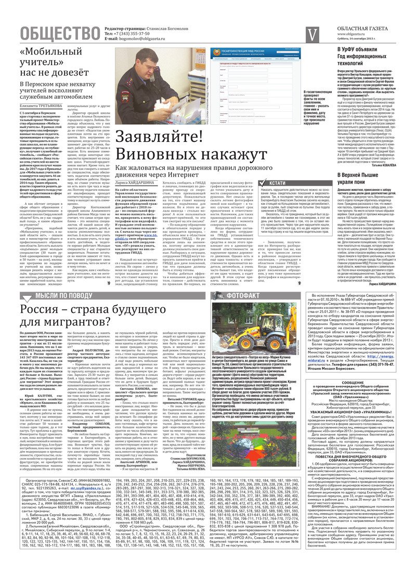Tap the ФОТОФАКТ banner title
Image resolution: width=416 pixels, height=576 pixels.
click(243, 296)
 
